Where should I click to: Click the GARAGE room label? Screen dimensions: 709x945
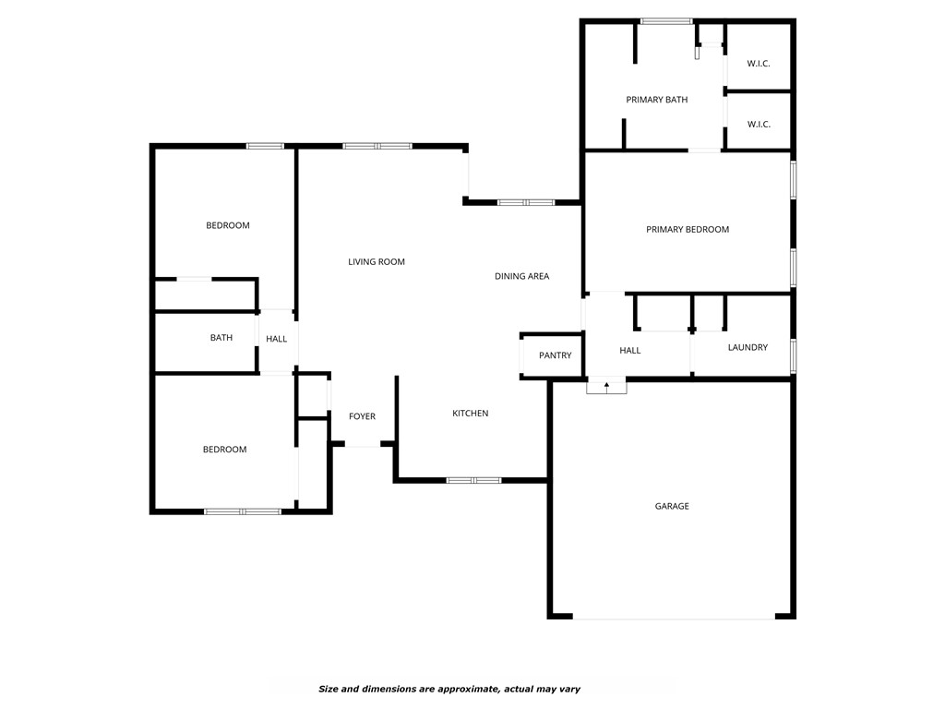(x=672, y=506)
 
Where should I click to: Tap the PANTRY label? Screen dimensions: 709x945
(x=556, y=355)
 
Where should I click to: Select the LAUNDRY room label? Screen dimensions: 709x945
(x=748, y=347)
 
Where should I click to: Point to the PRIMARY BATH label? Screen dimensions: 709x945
(x=657, y=100)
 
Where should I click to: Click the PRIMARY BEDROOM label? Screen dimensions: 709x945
(x=688, y=229)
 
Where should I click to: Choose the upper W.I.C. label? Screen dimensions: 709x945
(x=759, y=63)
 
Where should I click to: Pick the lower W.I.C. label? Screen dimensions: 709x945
(x=759, y=124)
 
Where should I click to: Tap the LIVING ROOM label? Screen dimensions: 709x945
(x=377, y=262)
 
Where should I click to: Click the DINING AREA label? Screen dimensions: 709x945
(x=522, y=276)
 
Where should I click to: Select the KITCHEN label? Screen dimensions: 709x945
(x=471, y=413)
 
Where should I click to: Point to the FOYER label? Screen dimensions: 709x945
(x=362, y=416)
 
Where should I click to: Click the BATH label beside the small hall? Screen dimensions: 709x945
(x=221, y=338)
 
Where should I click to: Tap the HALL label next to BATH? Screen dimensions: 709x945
(x=277, y=339)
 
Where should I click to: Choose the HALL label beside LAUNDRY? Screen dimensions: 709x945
(x=630, y=351)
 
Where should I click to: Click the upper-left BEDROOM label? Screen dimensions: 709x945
(x=228, y=225)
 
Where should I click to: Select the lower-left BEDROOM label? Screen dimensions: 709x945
(x=225, y=450)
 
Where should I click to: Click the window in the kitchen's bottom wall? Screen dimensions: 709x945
(x=473, y=480)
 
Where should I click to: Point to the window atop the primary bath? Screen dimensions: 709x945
(x=666, y=20)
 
